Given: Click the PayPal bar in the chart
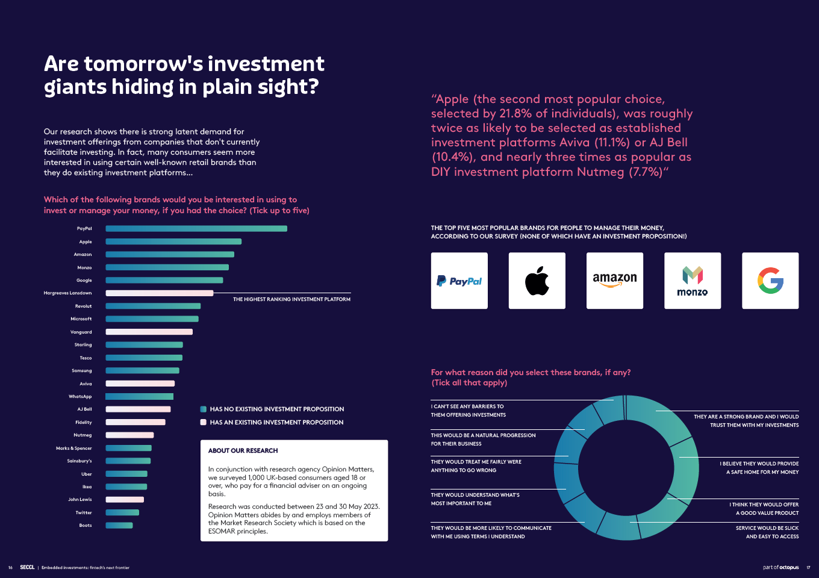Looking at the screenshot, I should pyautogui.click(x=196, y=229).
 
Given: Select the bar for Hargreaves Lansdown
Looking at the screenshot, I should pyautogui.click(x=160, y=293).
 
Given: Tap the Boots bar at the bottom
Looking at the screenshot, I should pyautogui.click(x=119, y=526).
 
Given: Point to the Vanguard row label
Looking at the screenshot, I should pyautogui.click(x=81, y=332).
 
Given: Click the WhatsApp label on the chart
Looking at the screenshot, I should pyautogui.click(x=80, y=397).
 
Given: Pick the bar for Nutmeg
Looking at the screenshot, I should pyautogui.click(x=129, y=435).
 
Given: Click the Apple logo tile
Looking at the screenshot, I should pyautogui.click(x=537, y=281).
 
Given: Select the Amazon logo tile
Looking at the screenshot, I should pyautogui.click(x=614, y=281).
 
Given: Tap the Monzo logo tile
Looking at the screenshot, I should pyautogui.click(x=692, y=281).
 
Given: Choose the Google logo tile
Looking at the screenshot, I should pyautogui.click(x=770, y=281).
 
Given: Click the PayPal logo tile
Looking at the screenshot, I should pyautogui.click(x=459, y=281).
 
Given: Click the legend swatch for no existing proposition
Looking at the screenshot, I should pyautogui.click(x=204, y=409).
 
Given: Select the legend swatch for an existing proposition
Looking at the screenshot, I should pyautogui.click(x=204, y=423).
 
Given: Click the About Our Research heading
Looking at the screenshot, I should pyautogui.click(x=243, y=451).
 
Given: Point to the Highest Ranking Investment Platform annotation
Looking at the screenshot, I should pyautogui.click(x=291, y=299).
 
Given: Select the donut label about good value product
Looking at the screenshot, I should pyautogui.click(x=764, y=509).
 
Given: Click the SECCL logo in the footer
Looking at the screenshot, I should pyautogui.click(x=27, y=567).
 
